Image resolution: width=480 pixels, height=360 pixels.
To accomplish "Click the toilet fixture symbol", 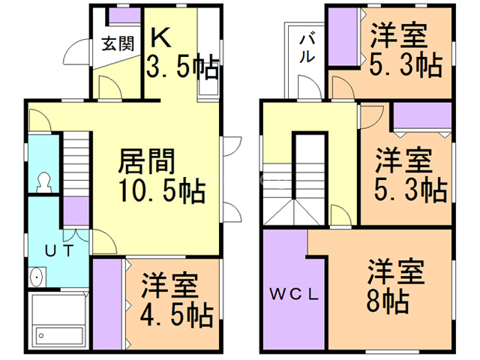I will (x=43, y=182).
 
